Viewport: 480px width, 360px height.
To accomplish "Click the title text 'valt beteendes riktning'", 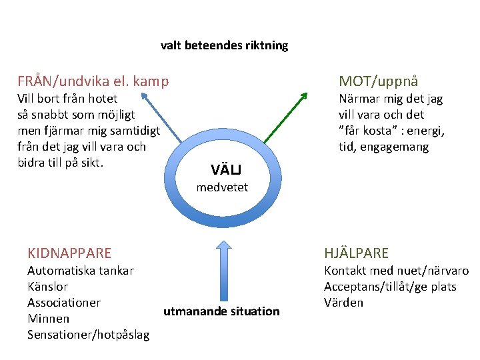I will click(x=224, y=46).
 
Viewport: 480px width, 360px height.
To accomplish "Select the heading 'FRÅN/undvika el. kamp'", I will click(x=93, y=82).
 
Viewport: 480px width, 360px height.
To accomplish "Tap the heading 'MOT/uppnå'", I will click(x=378, y=81).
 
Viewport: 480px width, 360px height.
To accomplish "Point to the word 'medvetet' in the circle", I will click(x=222, y=187).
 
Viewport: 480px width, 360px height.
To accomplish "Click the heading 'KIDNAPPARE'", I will click(x=69, y=253).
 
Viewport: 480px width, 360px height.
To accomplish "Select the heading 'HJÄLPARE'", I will click(x=356, y=253).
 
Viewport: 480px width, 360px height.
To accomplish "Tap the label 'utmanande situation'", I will click(x=222, y=311).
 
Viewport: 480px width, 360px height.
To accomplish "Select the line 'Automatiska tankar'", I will click(x=80, y=271).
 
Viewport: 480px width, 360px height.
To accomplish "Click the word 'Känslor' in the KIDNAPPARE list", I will click(x=47, y=287).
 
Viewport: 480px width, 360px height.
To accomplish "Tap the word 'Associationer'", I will click(x=64, y=303).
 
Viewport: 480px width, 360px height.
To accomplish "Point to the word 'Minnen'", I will click(x=48, y=319).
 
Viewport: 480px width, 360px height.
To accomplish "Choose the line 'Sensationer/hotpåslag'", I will click(x=88, y=335).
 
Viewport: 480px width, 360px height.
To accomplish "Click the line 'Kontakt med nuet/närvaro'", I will click(x=396, y=271).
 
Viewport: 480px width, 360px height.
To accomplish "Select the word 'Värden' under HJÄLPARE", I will click(x=343, y=303).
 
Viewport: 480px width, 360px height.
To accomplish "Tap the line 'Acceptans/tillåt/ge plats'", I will click(x=390, y=287).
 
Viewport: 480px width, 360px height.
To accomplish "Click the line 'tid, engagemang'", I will click(x=383, y=147).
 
